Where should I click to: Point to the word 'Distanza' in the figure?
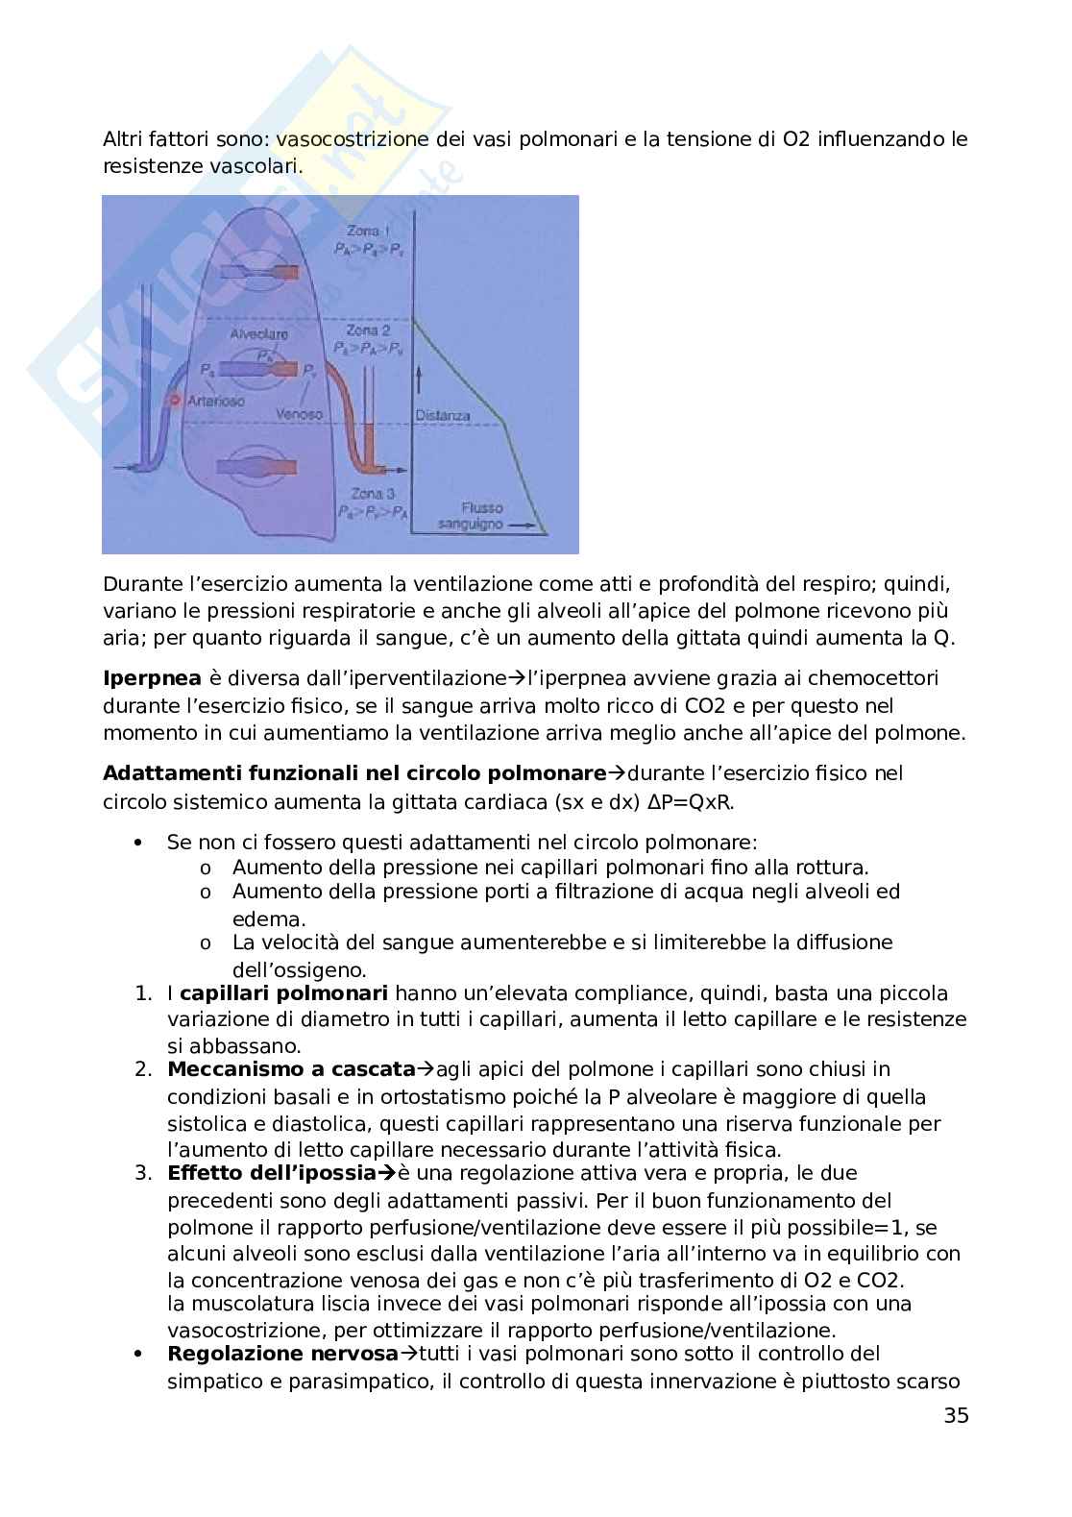(443, 416)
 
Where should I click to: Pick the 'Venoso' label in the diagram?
(299, 414)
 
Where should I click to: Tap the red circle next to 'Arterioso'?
(175, 400)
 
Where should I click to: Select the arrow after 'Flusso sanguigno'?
(524, 526)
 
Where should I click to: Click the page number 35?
(956, 1415)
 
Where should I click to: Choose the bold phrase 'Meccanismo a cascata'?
(291, 1069)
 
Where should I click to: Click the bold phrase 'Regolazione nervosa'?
(282, 1354)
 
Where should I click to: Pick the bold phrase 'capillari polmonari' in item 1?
(283, 992)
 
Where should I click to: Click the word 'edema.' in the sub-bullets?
(261, 919)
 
